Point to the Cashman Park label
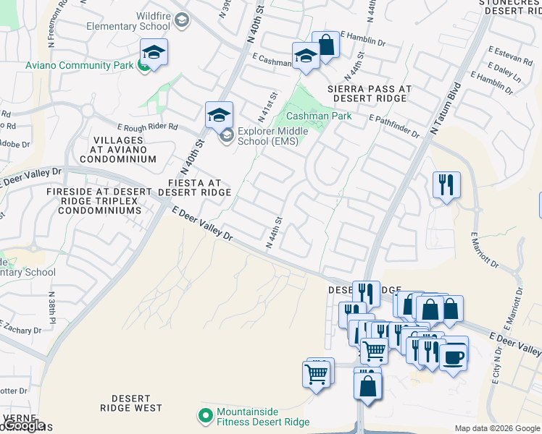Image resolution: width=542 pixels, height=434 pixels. (319, 116)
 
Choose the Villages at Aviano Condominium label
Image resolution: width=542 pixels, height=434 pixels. (117, 148)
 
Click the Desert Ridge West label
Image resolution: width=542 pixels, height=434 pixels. (132, 404)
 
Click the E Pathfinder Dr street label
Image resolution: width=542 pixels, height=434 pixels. (394, 120)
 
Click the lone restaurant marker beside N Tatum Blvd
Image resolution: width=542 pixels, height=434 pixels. (446, 184)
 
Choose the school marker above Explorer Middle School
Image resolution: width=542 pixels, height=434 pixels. (219, 114)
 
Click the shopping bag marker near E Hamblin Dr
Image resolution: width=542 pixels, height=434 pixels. (326, 45)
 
